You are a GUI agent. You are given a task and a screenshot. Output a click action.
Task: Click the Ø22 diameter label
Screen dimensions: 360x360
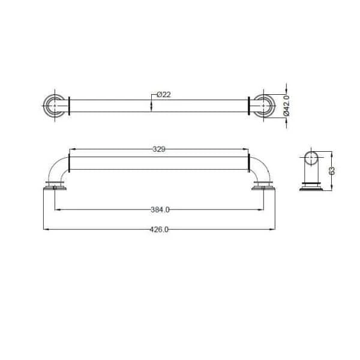[164, 95]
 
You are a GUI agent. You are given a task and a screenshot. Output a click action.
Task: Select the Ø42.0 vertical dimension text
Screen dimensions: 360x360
[287, 106]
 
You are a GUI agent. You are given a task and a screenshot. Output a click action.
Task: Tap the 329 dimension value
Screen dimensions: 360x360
[159, 149]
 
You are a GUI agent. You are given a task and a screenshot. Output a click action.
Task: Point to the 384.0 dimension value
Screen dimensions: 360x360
[160, 209]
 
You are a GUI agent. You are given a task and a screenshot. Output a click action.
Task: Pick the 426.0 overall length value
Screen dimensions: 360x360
[159, 229]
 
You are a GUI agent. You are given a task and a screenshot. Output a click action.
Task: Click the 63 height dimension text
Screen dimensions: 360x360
[332, 171]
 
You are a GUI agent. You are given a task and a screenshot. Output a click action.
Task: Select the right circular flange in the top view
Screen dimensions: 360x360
[273, 106]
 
